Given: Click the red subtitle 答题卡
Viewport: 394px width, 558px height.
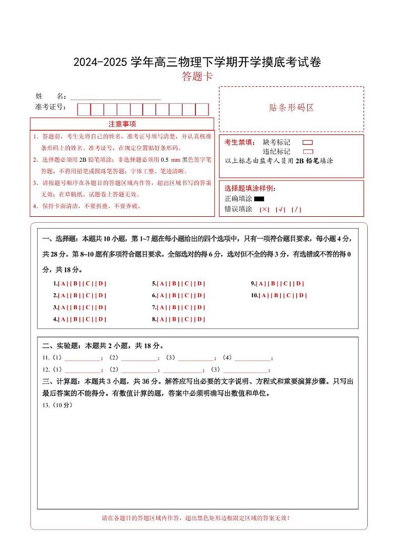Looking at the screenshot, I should [x=197, y=76].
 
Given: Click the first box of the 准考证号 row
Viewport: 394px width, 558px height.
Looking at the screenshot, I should [x=84, y=109].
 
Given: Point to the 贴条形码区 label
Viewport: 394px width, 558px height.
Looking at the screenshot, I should [x=291, y=108].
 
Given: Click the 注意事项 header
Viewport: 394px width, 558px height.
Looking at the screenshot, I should [x=122, y=124].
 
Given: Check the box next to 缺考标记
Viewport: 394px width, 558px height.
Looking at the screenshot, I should [x=308, y=142].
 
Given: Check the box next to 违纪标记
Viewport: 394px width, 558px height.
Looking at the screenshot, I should [x=308, y=152].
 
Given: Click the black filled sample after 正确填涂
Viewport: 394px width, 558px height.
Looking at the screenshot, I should [x=259, y=199].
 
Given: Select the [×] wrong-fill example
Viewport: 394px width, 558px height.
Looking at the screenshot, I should [x=264, y=209].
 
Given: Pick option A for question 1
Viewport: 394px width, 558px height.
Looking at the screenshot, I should [x=63, y=284].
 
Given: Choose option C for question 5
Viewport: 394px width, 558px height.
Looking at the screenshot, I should [x=187, y=284].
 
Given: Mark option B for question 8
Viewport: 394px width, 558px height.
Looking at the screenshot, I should [x=174, y=319].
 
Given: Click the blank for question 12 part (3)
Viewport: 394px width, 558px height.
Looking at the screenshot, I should [x=245, y=370].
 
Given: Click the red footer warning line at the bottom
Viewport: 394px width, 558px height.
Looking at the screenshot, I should [x=196, y=518].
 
